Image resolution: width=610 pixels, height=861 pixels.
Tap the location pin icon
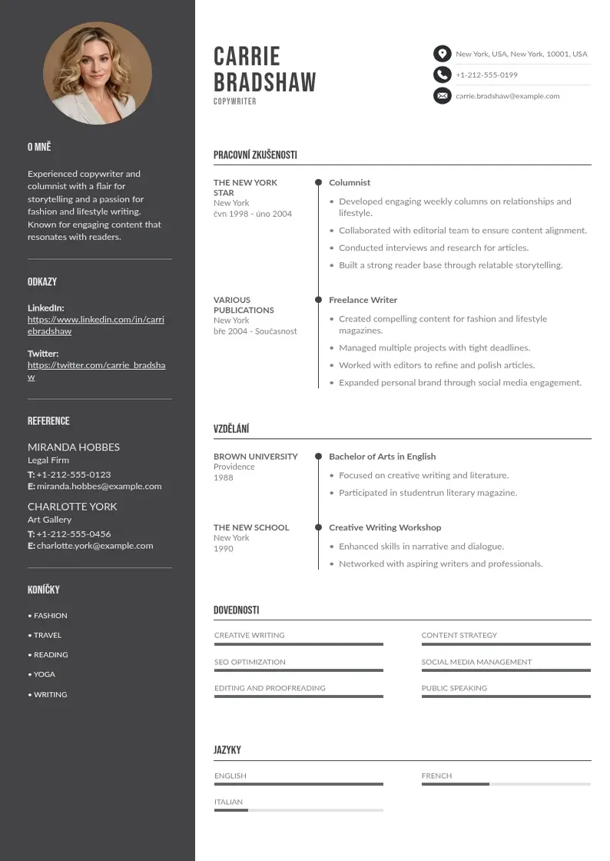pyautogui.click(x=442, y=54)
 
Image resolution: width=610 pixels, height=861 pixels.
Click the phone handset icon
pyautogui.click(x=442, y=75)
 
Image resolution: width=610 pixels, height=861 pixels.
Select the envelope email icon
pyautogui.click(x=442, y=96)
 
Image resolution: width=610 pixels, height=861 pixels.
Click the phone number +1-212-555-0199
pyautogui.click(x=486, y=75)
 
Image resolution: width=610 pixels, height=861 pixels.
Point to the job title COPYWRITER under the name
pyautogui.click(x=235, y=101)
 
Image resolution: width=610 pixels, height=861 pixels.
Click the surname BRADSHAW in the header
pyautogui.click(x=264, y=82)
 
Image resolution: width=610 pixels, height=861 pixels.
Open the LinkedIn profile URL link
pyautogui.click(x=96, y=325)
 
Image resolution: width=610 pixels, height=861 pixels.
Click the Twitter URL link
pyautogui.click(x=96, y=371)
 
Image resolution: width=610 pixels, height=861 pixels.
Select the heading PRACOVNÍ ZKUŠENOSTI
pyautogui.click(x=255, y=155)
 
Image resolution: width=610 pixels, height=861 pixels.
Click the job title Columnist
pyautogui.click(x=350, y=183)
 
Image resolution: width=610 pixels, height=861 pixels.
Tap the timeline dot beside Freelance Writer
pyautogui.click(x=318, y=300)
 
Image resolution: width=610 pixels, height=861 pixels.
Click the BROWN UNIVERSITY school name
pyautogui.click(x=256, y=457)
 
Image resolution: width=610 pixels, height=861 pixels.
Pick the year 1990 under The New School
pyautogui.click(x=223, y=549)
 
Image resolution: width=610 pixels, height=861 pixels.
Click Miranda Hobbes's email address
pyautogui.click(x=99, y=487)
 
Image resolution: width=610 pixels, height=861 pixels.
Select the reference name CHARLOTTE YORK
pyautogui.click(x=72, y=507)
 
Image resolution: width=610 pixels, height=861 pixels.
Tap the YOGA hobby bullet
pyautogui.click(x=45, y=674)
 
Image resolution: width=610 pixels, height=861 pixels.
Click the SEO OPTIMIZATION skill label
pyautogui.click(x=250, y=662)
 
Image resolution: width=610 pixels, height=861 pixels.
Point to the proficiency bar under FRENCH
pyautogui.click(x=506, y=784)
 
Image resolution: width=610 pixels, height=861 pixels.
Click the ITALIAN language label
pyautogui.click(x=228, y=802)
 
